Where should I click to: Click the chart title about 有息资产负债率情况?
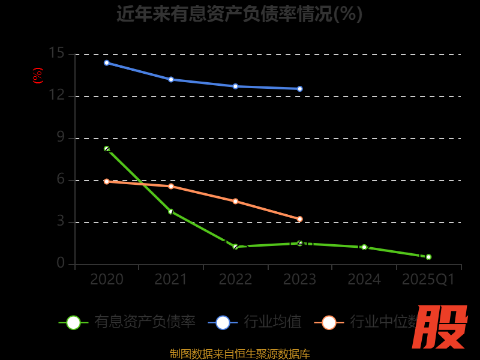[x=239, y=13]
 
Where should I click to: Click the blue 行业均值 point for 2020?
[x=107, y=62]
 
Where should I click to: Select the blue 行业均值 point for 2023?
[x=300, y=89]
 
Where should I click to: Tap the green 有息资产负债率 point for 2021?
[x=171, y=211]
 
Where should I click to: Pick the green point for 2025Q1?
[x=428, y=257]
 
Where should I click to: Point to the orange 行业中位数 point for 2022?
[x=235, y=201]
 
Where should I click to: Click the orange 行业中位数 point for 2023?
[x=300, y=219]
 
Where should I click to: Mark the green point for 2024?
[x=364, y=247]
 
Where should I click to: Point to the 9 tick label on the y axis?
[x=60, y=137]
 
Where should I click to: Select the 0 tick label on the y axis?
[x=60, y=263]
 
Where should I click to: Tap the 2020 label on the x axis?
[x=107, y=280]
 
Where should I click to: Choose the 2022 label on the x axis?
[x=235, y=280]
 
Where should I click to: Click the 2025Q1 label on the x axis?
[x=428, y=280]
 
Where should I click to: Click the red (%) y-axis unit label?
[x=38, y=76]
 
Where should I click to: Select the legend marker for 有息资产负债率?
[x=73, y=322]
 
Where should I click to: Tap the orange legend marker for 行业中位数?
[x=329, y=322]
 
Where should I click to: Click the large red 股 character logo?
[x=440, y=327]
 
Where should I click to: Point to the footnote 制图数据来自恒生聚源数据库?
[x=239, y=353]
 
